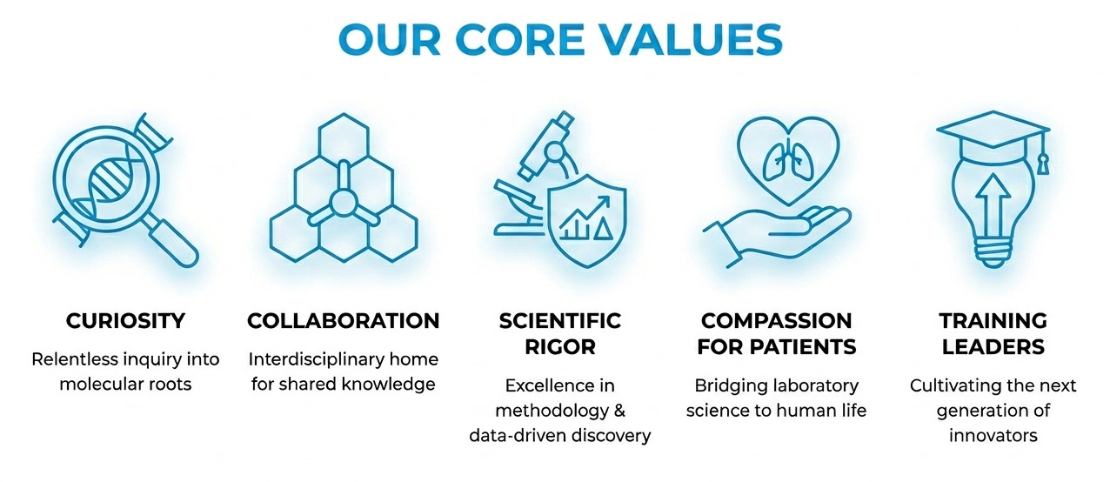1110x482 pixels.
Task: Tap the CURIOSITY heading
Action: point(126,321)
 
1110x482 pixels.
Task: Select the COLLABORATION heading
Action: point(344,321)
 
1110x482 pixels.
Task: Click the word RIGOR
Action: point(560,346)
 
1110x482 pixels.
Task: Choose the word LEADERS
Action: point(993,346)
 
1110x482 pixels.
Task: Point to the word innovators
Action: point(993,435)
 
